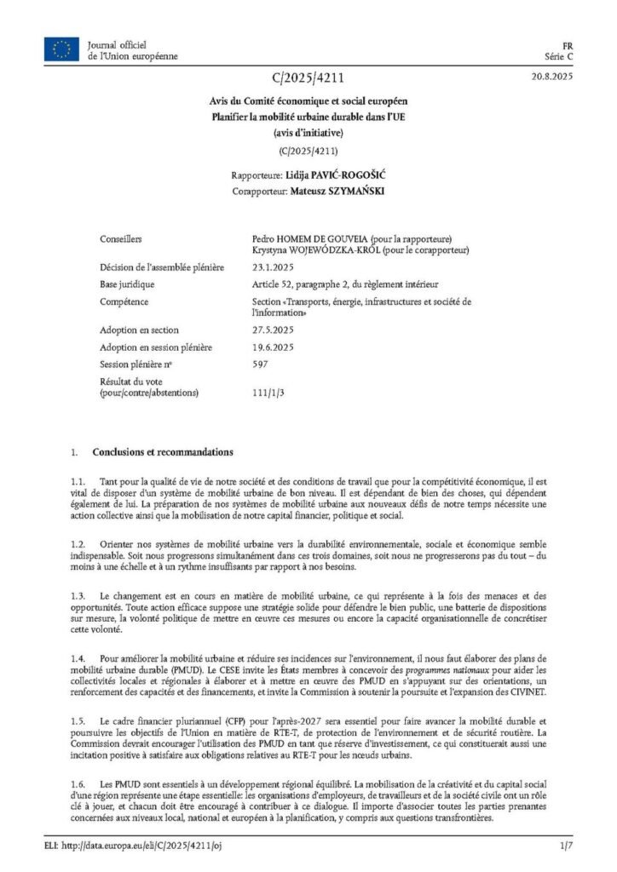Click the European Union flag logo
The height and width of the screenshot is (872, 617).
pyautogui.click(x=61, y=50)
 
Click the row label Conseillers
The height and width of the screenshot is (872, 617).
pyautogui.click(x=120, y=240)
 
